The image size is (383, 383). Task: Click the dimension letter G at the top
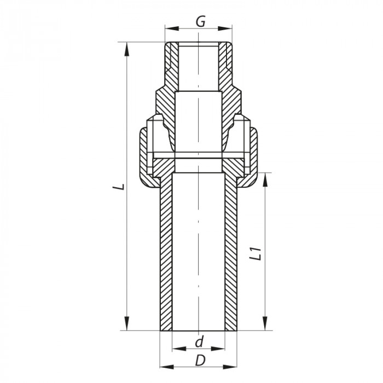pos(200,22)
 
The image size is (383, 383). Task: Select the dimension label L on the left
pos(123,187)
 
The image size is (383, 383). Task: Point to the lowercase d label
pos(199,342)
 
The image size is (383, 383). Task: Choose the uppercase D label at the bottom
pos(200,362)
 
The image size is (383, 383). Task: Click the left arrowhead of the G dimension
pos(169,27)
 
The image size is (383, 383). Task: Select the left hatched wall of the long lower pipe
pos(166,252)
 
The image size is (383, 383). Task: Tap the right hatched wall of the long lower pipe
pos(231,252)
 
